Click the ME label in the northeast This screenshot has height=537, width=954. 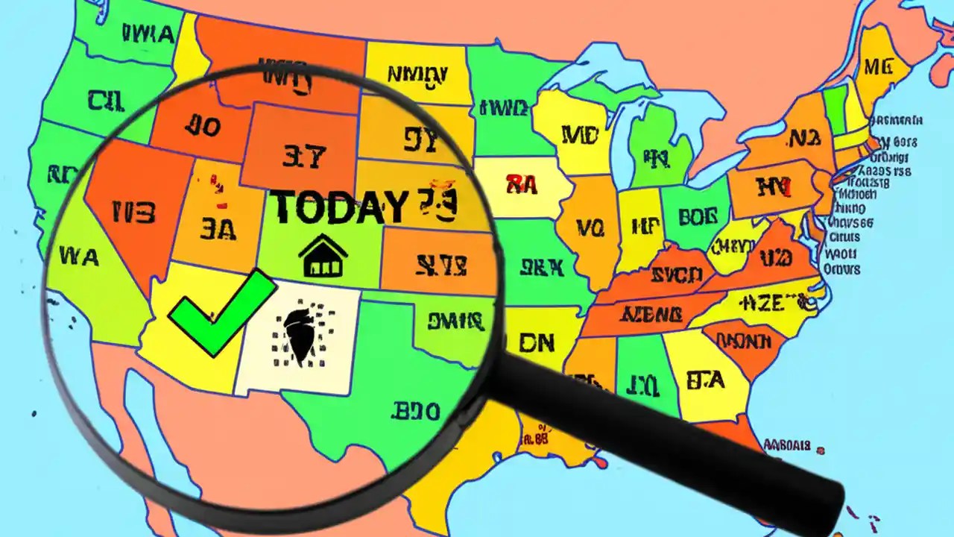pyautogui.click(x=878, y=68)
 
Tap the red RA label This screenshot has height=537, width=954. pyautogui.click(x=522, y=183)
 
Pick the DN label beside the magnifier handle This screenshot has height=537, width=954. pyautogui.click(x=536, y=342)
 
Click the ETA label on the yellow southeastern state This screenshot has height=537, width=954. pyautogui.click(x=704, y=380)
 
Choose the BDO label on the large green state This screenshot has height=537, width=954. pyautogui.click(x=415, y=411)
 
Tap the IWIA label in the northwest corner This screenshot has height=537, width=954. pyautogui.click(x=150, y=34)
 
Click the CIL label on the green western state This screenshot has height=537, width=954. pyautogui.click(x=106, y=99)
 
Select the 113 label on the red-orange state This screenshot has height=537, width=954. pyautogui.click(x=134, y=213)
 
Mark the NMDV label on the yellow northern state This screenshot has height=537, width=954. pyautogui.click(x=417, y=74)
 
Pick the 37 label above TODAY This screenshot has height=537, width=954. pyautogui.click(x=304, y=156)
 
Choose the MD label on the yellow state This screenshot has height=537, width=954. pyautogui.click(x=580, y=135)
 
